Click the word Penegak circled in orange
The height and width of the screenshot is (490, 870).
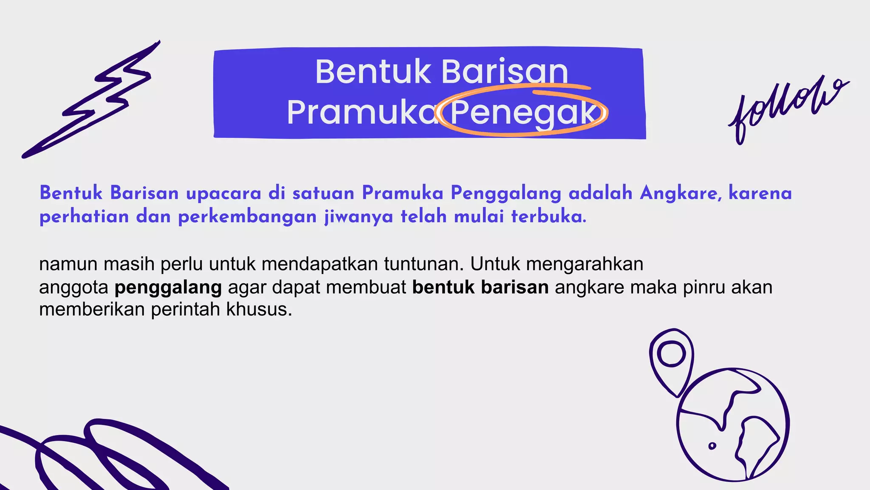pos(523,113)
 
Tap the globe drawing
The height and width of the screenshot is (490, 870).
pos(733,425)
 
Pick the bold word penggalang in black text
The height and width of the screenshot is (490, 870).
pos(168,288)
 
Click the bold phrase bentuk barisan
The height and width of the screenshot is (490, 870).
pos(480,288)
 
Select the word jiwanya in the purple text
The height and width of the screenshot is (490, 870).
pos(359,217)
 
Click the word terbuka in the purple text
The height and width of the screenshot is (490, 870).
pos(548,217)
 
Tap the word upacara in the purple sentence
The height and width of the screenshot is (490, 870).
pos(223,194)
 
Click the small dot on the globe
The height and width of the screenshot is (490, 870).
pos(712,446)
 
